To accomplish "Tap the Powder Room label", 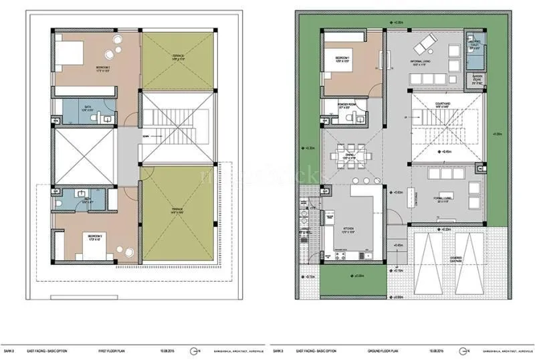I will (x=347, y=104).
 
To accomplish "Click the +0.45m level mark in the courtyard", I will (x=447, y=152).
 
